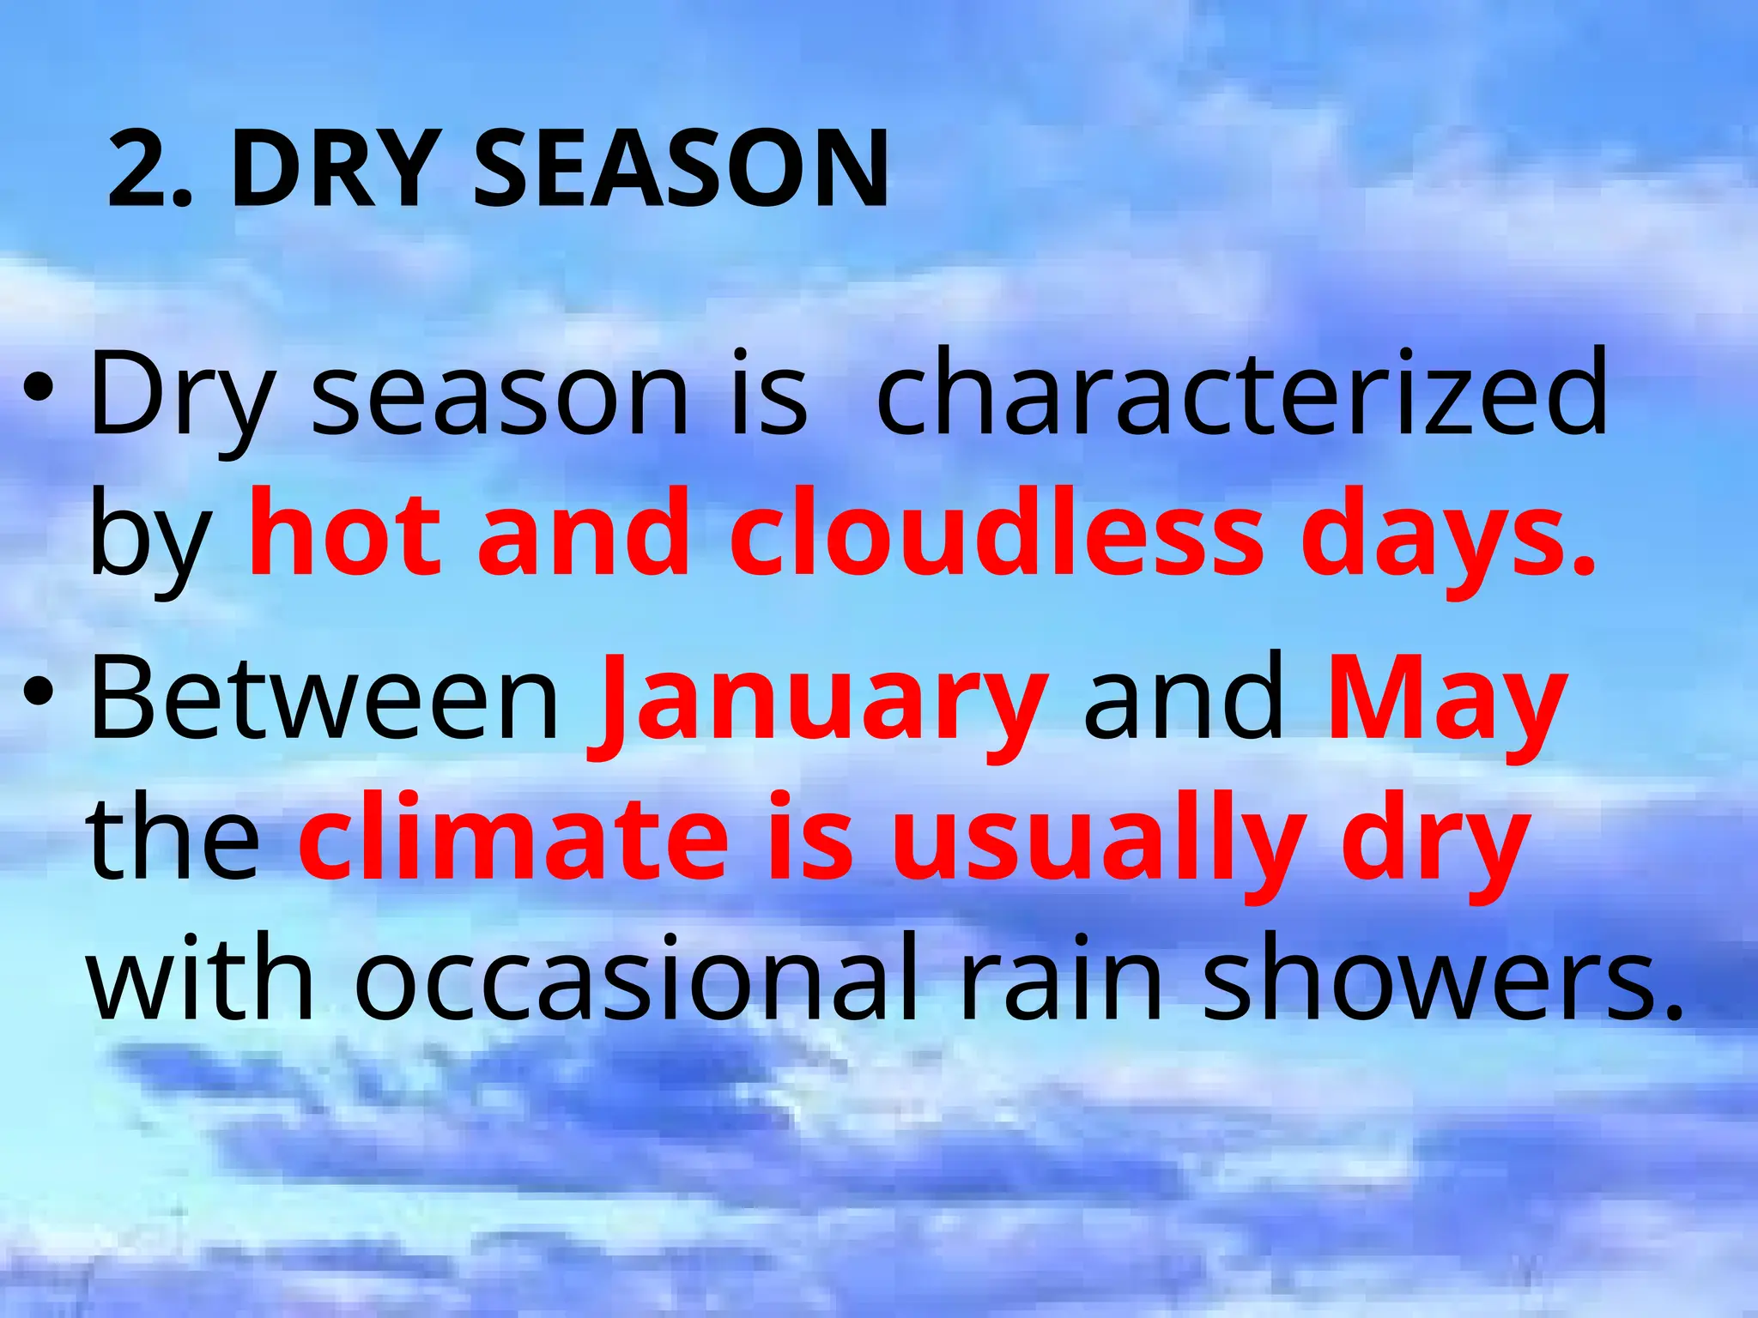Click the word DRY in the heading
(x=332, y=168)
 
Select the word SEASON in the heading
(x=681, y=168)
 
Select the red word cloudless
(x=996, y=534)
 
